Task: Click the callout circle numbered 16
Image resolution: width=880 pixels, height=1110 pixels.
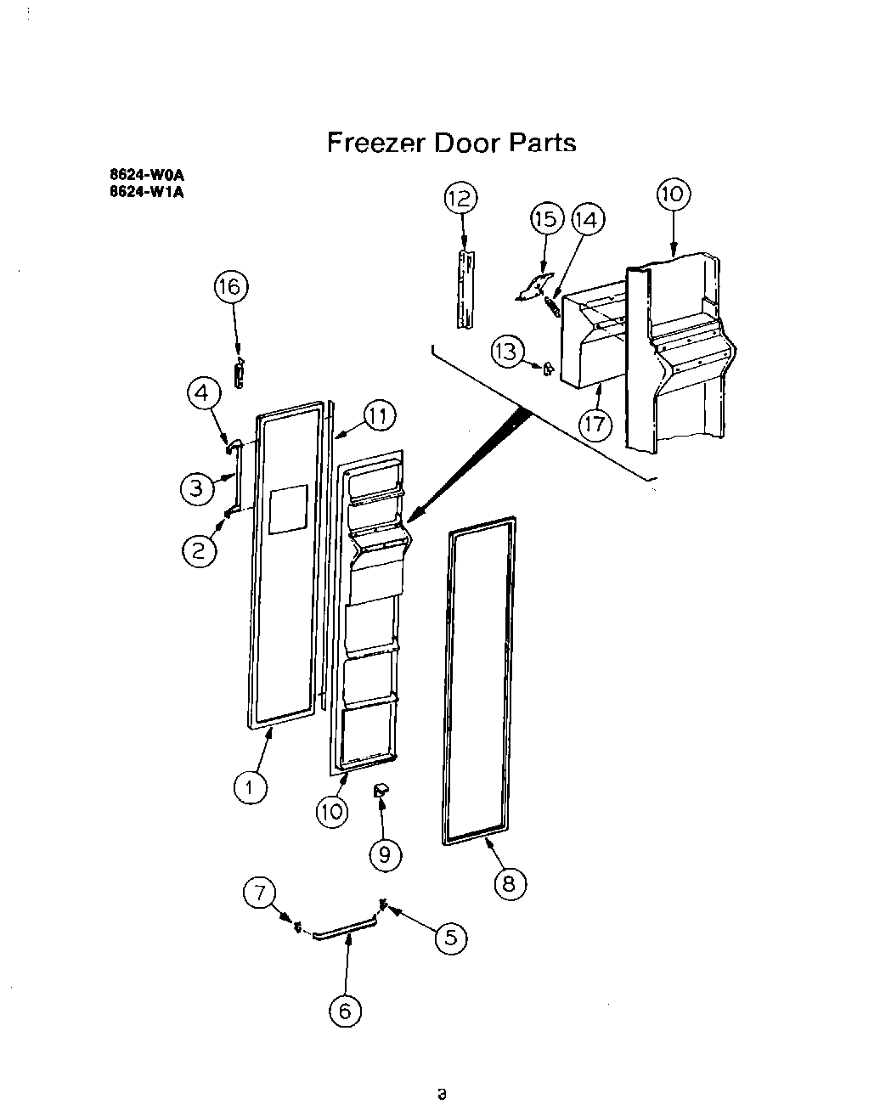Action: [230, 288]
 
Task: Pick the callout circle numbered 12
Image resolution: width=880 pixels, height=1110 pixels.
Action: [460, 199]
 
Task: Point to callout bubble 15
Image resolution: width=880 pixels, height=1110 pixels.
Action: [548, 219]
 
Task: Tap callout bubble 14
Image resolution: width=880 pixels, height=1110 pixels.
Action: [587, 220]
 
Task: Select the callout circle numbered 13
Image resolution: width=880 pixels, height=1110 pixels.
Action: [507, 352]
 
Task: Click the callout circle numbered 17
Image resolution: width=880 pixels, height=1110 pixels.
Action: [595, 422]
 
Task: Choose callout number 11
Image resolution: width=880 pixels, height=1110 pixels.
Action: [379, 415]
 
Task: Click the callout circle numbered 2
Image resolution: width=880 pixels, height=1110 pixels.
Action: [199, 551]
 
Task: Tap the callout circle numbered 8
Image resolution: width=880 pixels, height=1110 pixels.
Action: [509, 884]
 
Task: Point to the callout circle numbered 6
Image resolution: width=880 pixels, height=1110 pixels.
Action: [345, 1011]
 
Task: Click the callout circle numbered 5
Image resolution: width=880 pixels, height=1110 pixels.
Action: [451, 937]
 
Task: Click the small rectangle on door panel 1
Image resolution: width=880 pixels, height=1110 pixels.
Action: [286, 510]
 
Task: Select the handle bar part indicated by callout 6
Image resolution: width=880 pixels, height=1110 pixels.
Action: [345, 930]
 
